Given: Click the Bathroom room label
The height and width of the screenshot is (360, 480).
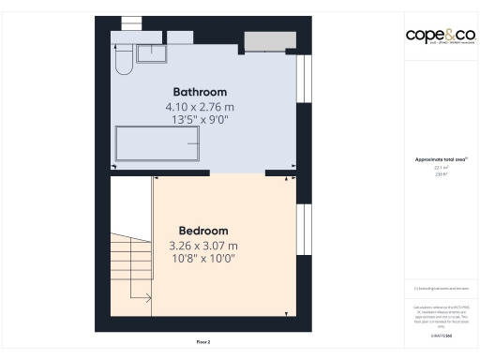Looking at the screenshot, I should coord(200,92).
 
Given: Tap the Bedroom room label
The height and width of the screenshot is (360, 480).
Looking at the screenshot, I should coord(203,231).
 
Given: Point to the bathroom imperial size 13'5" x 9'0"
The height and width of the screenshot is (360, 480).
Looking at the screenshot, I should coord(200,119).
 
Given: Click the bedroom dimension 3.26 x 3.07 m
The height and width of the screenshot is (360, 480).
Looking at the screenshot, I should coord(203,245).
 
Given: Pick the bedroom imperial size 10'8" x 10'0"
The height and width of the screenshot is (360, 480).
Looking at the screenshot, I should coord(203,258).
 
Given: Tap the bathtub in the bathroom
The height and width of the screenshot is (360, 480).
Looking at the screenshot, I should coord(157,143).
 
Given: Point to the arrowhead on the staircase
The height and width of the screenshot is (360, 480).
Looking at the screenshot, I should coord(149,299).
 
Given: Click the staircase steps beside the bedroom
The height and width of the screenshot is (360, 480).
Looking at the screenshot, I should coord(131,267).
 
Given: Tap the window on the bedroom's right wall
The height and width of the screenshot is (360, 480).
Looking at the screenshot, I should coord(302,229).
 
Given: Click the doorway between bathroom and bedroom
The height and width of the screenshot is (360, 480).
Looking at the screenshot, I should coord(238,173).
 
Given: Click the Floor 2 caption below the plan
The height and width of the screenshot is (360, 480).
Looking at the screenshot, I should coord(203,342).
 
